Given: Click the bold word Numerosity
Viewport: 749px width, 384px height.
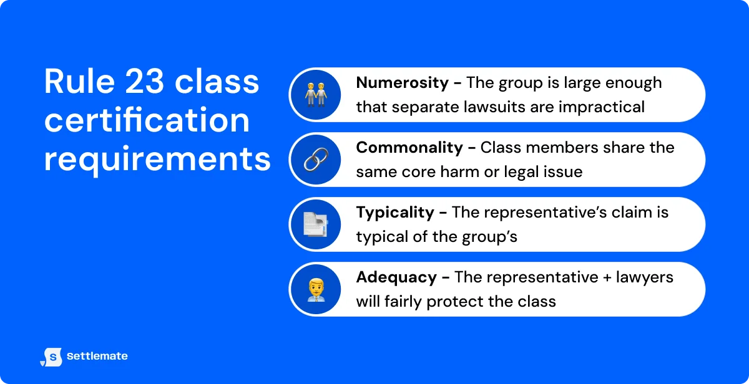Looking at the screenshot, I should (402, 83).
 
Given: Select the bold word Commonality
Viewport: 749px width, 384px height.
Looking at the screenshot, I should (409, 148).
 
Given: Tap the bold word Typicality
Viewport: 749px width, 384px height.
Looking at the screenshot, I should (395, 213).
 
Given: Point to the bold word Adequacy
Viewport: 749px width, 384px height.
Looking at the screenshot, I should (396, 277).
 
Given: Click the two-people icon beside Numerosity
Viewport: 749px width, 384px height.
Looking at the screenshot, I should (315, 95).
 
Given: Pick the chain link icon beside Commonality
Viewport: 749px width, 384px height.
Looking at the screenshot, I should (315, 160).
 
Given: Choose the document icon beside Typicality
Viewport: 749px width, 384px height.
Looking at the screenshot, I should (315, 224).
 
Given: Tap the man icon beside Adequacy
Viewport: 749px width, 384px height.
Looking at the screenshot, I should (315, 289).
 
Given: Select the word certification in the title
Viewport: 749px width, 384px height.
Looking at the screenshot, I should (147, 120).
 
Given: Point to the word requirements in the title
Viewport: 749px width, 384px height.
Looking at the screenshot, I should (157, 158).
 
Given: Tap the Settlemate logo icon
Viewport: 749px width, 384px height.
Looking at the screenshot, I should (51, 357).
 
